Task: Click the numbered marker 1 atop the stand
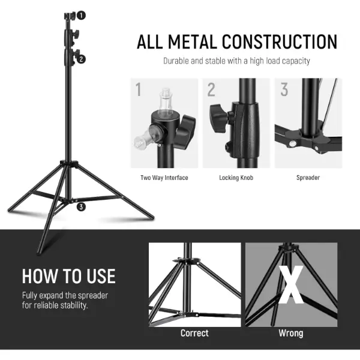81,16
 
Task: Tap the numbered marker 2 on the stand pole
81,59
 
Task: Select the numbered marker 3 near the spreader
81,207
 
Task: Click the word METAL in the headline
193,42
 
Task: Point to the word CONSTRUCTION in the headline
280,42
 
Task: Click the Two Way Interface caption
164,178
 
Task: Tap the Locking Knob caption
236,178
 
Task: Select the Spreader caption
308,178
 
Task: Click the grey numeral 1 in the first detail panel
138,89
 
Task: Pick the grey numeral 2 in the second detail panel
211,89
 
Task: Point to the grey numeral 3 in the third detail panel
284,89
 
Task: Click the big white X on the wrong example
291,284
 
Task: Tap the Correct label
194,333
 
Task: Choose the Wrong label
291,333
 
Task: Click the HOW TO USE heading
69,276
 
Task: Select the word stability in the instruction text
74,305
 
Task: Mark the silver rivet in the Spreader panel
293,144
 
